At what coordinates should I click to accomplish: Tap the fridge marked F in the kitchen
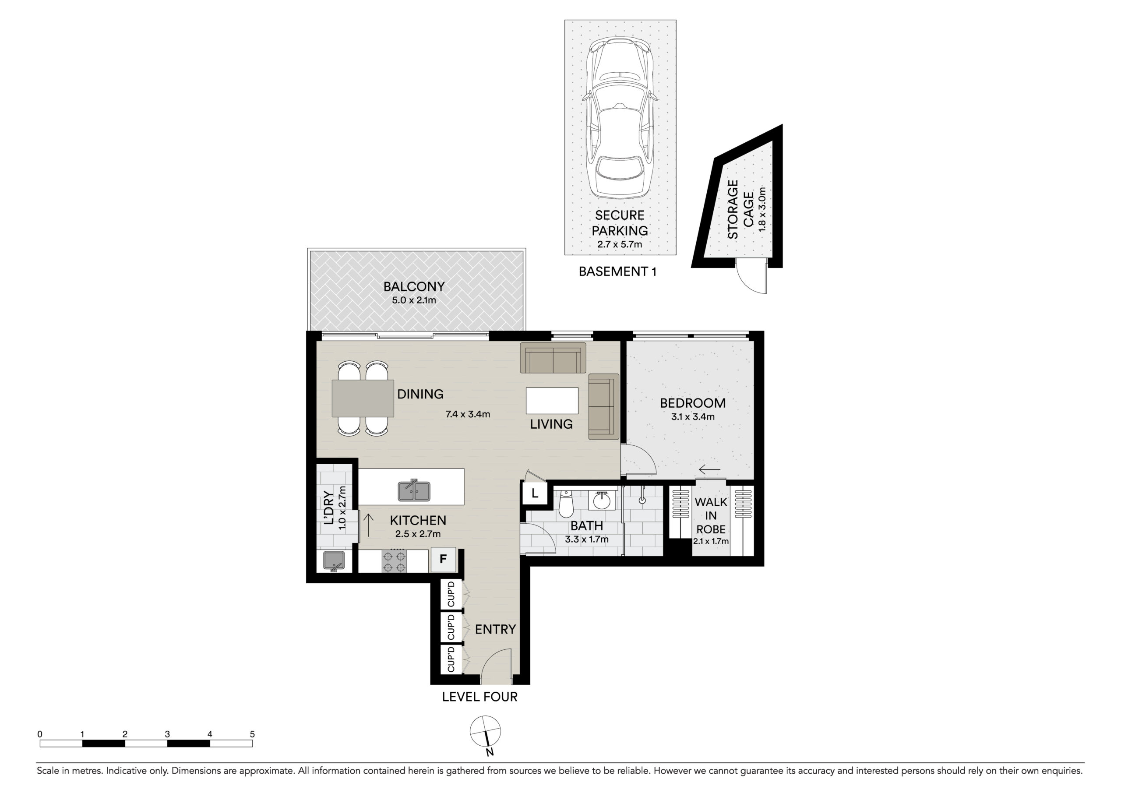pyautogui.click(x=443, y=559)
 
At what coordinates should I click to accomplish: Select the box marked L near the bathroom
pyautogui.click(x=535, y=493)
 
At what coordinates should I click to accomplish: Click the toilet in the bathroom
pyautogui.click(x=565, y=503)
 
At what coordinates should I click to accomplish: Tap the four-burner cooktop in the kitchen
pyautogui.click(x=394, y=560)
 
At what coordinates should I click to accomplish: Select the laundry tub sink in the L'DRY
pyautogui.click(x=334, y=560)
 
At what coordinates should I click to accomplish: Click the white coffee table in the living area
pyautogui.click(x=552, y=400)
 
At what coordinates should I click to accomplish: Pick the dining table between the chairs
pyautogui.click(x=363, y=398)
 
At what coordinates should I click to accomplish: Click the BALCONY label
pyautogui.click(x=414, y=287)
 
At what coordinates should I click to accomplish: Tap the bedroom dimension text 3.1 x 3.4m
pyautogui.click(x=693, y=417)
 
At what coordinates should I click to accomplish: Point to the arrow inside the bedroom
pyautogui.click(x=709, y=470)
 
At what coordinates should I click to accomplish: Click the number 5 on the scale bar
pyautogui.click(x=252, y=734)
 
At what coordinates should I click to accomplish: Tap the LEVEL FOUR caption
pyautogui.click(x=479, y=697)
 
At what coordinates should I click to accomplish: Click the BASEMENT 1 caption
pyautogui.click(x=617, y=271)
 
